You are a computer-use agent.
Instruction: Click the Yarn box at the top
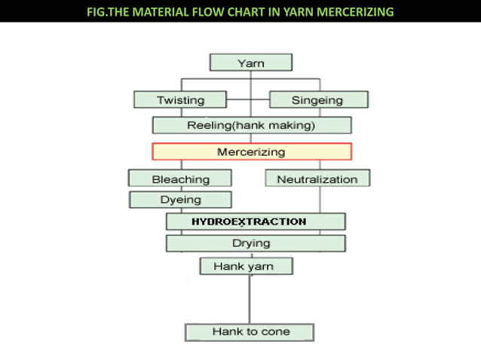[x=251, y=63]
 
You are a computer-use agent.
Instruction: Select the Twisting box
[x=180, y=99]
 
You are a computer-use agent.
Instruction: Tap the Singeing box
[x=319, y=99]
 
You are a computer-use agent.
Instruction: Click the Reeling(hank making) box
[x=251, y=125]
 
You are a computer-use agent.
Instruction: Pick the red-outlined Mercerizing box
[x=251, y=151]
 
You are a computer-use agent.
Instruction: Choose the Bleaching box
[x=180, y=178]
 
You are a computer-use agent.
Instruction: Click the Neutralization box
[x=317, y=178]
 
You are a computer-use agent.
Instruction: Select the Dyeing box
[x=180, y=200]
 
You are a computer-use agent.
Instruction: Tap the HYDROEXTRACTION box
[x=256, y=221]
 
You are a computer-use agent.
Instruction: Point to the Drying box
[x=256, y=243]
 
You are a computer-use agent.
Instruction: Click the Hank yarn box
[x=247, y=266]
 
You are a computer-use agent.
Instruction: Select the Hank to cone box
[x=250, y=331]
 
